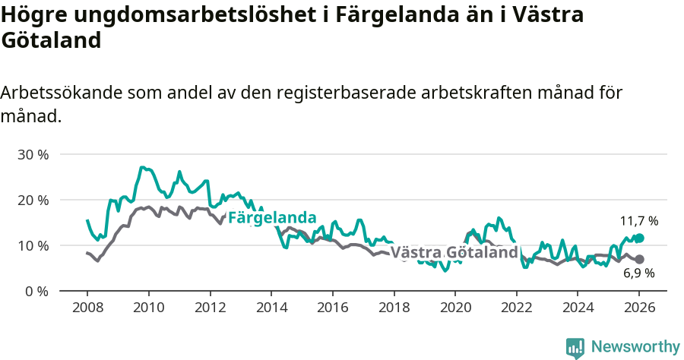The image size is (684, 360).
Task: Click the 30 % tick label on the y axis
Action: click(x=33, y=154)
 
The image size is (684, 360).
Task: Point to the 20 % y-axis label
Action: click(x=33, y=200)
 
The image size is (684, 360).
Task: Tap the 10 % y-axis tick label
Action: click(x=33, y=245)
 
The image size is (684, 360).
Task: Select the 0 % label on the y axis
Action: click(x=36, y=291)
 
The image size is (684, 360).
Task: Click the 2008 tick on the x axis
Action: click(x=87, y=308)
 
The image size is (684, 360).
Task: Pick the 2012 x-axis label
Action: click(x=210, y=308)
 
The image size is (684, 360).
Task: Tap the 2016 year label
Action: click(x=332, y=308)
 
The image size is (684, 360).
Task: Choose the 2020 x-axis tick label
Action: click(x=454, y=308)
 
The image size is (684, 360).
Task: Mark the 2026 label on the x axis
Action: click(x=638, y=308)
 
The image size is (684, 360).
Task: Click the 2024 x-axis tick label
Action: click(x=577, y=308)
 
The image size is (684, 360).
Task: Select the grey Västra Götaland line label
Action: click(x=454, y=252)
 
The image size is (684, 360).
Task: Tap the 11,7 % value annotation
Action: click(x=638, y=221)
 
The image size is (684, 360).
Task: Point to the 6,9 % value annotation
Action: click(x=638, y=273)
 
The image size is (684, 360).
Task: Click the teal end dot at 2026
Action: click(x=639, y=238)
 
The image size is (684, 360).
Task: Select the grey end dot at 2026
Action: click(x=639, y=259)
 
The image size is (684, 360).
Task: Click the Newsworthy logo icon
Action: click(x=575, y=347)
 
